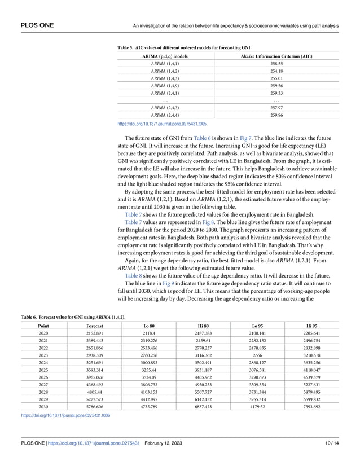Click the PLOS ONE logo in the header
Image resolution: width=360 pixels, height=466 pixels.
point(23,10)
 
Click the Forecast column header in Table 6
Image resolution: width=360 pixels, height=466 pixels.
point(94,326)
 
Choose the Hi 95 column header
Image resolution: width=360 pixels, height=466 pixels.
point(311,326)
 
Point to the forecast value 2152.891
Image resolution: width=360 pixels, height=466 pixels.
point(94,333)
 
